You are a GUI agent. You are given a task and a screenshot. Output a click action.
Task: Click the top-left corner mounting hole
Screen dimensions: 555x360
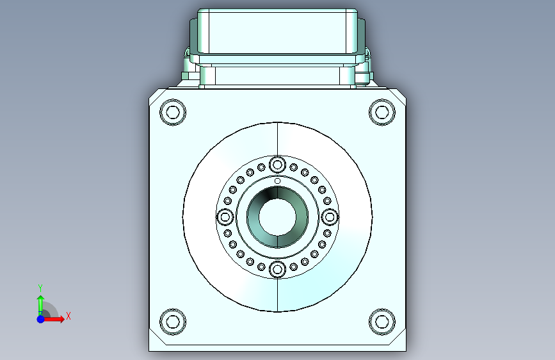[173, 112]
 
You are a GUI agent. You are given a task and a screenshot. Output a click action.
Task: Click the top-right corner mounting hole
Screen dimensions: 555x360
[382, 112]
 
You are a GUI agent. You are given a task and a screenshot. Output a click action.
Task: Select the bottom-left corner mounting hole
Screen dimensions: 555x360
[173, 322]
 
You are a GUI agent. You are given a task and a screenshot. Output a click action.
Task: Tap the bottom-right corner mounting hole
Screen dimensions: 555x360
[382, 322]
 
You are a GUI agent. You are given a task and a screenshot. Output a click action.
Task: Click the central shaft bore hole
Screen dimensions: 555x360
[278, 217]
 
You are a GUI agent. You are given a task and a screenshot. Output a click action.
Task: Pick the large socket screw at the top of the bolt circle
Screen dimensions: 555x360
[278, 165]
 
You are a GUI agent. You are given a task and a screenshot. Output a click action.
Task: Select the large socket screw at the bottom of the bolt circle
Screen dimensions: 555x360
[278, 270]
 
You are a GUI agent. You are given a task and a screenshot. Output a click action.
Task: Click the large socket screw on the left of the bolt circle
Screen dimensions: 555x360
[225, 217]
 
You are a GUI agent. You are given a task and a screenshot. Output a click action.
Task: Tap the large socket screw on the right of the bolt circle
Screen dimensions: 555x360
[330, 217]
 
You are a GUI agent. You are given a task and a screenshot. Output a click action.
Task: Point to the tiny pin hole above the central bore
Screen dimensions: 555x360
[278, 181]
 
